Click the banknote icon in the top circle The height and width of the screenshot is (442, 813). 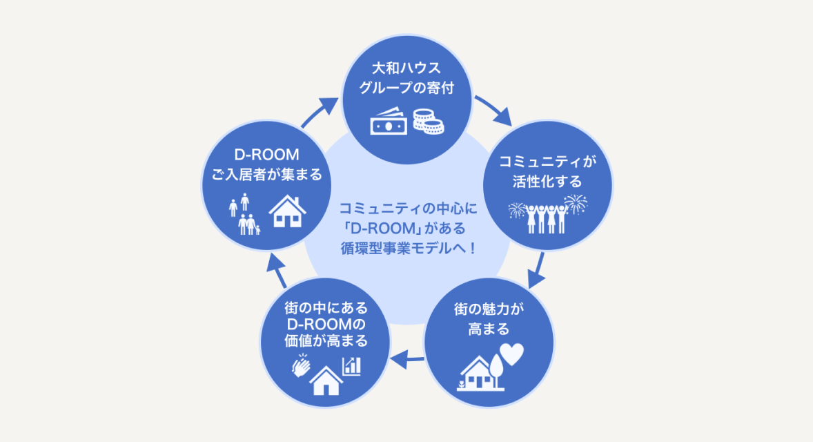click(x=389, y=122)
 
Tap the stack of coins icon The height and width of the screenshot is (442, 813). click(x=429, y=122)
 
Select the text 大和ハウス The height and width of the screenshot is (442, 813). click(x=406, y=68)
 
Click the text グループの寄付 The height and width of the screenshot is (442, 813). click(x=406, y=88)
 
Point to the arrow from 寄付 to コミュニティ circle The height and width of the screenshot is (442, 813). click(x=493, y=110)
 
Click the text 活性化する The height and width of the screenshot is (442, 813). click(x=547, y=182)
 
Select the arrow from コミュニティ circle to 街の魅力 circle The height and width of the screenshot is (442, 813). click(x=537, y=270)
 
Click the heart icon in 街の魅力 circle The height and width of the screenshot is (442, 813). click(x=512, y=354)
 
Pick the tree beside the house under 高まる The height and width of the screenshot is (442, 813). click(x=496, y=370)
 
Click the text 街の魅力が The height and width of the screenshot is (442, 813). click(x=489, y=309)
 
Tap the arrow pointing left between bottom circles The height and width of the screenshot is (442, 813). click(x=408, y=358)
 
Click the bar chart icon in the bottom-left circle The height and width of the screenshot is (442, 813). click(x=351, y=366)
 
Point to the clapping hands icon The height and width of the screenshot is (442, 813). click(x=301, y=365)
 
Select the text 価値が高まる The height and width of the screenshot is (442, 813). click(x=326, y=341)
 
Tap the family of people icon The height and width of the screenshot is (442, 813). click(x=244, y=214)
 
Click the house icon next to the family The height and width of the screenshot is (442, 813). click(x=287, y=211)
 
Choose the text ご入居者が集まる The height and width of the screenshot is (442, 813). click(x=267, y=174)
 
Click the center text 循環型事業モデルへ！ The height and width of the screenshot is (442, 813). click(x=408, y=248)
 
